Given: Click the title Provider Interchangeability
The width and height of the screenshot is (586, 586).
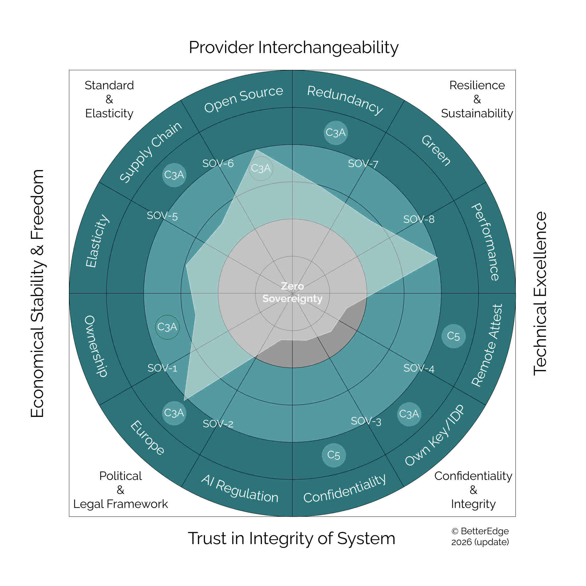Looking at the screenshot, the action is (293, 48).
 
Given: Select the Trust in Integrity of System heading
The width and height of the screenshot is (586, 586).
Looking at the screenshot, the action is (292, 538).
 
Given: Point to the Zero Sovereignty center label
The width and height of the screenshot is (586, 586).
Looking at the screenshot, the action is (292, 292).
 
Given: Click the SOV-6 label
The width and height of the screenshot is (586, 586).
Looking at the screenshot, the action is (218, 163).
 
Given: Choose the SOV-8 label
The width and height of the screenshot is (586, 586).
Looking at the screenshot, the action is (419, 219).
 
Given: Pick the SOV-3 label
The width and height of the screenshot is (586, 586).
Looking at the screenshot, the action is (366, 421).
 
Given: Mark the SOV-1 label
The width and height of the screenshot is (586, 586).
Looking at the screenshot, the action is (162, 368).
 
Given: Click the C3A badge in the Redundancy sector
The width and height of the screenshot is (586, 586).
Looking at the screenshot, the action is (336, 133).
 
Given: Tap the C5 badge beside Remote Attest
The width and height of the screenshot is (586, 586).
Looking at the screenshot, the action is (453, 336).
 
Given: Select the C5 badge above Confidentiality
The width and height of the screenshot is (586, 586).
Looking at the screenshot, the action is (334, 455).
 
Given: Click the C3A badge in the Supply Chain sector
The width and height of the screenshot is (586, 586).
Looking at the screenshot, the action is (174, 175).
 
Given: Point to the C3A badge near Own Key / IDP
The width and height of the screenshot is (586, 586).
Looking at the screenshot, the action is (409, 414).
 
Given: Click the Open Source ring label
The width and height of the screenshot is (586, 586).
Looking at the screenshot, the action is (243, 99).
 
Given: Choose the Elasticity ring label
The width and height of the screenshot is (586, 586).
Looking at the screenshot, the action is (97, 241).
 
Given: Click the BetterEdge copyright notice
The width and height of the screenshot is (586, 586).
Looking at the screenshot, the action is (480, 537).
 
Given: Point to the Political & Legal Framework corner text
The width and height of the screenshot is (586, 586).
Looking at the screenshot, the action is (121, 490).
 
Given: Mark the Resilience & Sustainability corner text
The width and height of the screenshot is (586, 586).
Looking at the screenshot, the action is (477, 99).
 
